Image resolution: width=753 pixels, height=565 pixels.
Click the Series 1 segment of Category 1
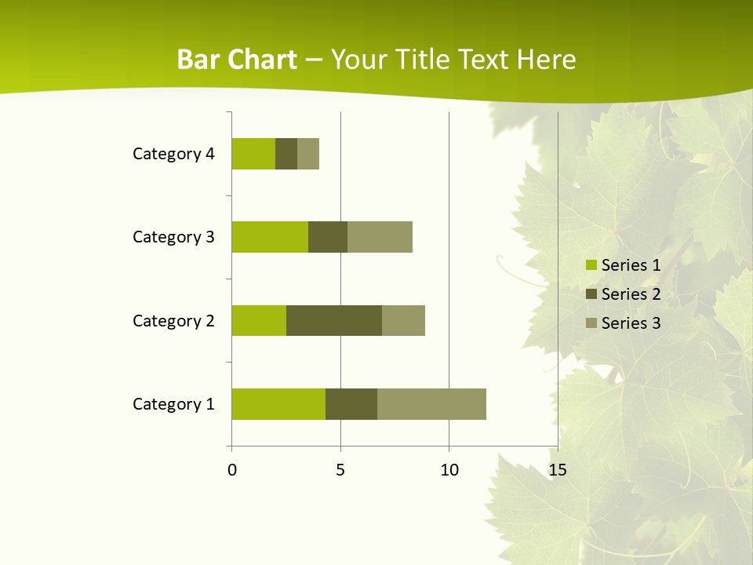point(278,404)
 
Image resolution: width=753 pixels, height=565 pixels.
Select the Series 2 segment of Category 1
point(351,404)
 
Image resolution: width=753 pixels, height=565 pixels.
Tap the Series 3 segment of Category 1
point(431,404)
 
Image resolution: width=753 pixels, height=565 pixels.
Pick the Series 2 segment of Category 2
point(334,320)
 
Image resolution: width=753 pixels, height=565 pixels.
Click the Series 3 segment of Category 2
point(403,320)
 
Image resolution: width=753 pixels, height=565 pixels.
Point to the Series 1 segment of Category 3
point(270,237)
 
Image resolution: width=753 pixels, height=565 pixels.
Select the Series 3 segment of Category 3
point(380,237)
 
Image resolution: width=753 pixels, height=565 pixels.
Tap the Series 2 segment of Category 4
point(286,154)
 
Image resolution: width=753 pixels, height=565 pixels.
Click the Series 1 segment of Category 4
point(253,154)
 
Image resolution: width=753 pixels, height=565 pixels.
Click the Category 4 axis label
point(173,154)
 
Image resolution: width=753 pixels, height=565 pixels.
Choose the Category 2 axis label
point(173,320)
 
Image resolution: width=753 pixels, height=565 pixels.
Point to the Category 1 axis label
point(173,404)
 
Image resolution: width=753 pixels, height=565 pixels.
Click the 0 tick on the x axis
point(232,470)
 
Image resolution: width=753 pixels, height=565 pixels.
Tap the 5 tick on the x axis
point(340,470)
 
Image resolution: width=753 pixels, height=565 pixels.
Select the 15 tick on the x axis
point(557,470)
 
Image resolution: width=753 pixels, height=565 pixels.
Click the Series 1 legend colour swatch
point(591,265)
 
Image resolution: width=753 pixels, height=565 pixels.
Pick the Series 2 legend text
point(631,294)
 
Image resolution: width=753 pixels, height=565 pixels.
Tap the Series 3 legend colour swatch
point(591,323)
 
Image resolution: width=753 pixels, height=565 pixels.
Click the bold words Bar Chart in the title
point(237,60)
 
